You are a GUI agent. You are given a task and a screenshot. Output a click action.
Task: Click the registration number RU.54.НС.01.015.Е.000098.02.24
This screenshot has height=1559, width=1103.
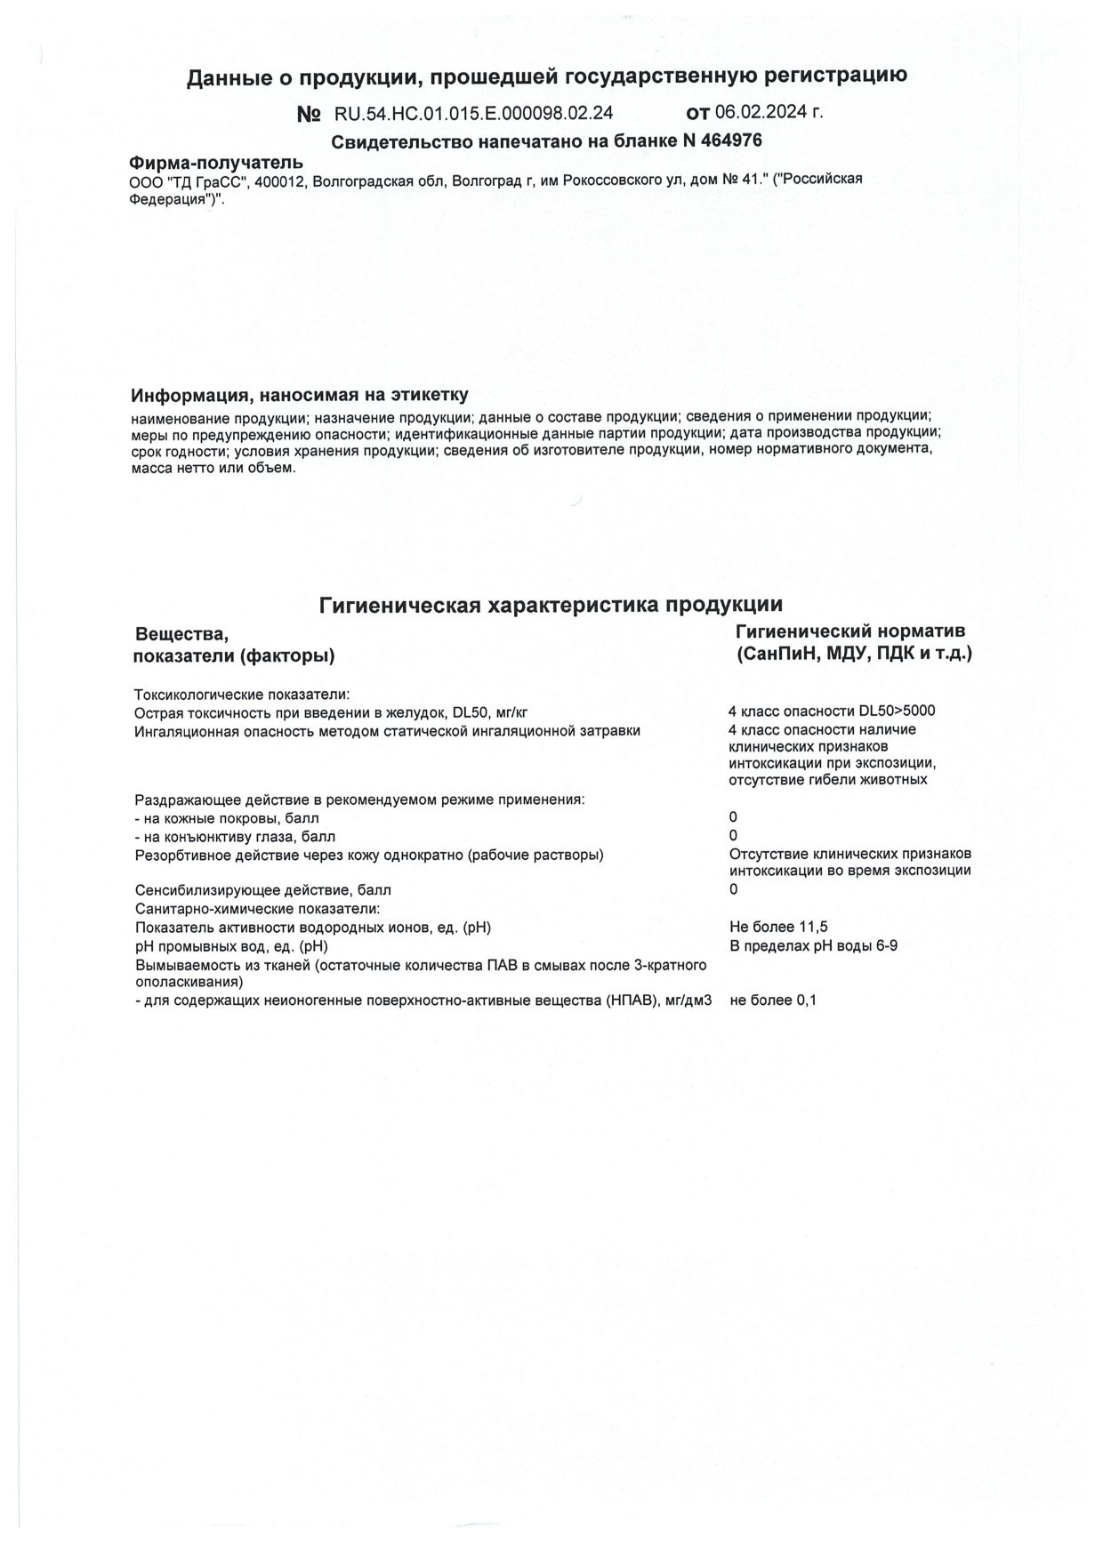point(473,113)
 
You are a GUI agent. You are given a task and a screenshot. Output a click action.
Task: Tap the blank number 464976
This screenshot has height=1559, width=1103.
point(731,141)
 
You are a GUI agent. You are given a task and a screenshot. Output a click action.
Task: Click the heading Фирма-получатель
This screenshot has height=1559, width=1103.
point(216,163)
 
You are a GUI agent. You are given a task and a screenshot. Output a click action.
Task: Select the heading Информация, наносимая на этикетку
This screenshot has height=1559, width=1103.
point(299,395)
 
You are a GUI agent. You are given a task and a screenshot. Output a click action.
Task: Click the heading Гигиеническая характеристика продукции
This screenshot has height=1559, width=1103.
point(551,605)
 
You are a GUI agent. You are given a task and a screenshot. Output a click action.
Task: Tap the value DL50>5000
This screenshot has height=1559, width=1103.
point(897,711)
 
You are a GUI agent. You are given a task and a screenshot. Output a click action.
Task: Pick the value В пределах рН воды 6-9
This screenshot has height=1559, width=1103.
point(813,945)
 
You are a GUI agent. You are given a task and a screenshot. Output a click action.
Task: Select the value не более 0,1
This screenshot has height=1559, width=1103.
point(773,1000)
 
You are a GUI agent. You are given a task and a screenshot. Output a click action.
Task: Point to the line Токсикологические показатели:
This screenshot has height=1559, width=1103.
point(242,695)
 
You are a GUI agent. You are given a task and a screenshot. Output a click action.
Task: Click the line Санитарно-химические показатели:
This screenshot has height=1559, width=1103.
point(257,909)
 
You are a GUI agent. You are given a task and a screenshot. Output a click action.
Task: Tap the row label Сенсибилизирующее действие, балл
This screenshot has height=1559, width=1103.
point(262,890)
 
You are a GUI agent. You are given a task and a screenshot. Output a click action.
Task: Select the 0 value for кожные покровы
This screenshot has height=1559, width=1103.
point(733,817)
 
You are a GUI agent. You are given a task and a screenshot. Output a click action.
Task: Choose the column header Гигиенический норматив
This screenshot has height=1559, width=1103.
point(850,631)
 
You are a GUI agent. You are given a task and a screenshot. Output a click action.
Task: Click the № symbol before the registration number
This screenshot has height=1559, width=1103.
point(309,114)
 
